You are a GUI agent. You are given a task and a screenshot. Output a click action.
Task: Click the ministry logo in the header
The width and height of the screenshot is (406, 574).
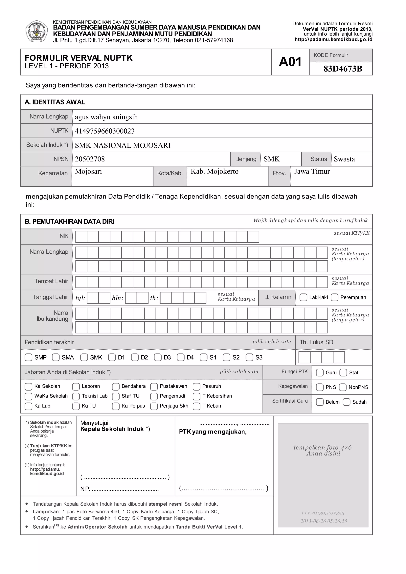(x=36, y=32)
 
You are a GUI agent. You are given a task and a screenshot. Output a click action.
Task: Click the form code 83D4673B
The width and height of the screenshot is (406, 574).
(x=343, y=69)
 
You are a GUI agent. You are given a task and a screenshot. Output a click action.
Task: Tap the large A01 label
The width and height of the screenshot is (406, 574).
(x=290, y=62)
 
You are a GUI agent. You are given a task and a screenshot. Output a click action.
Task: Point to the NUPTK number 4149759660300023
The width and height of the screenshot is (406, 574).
(x=104, y=131)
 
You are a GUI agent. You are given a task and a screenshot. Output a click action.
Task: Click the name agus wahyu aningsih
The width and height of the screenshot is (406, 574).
(x=106, y=117)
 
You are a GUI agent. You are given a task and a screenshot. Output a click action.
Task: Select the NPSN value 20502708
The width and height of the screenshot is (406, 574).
(x=90, y=159)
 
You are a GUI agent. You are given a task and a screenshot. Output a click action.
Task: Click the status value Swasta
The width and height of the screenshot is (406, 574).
(x=344, y=159)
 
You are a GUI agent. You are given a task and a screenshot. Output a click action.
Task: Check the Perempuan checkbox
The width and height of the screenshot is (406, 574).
(x=334, y=297)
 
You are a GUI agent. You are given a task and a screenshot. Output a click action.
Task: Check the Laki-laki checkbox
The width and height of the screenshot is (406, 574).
(x=303, y=297)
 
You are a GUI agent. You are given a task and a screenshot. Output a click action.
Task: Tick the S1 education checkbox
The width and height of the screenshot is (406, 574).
(x=203, y=357)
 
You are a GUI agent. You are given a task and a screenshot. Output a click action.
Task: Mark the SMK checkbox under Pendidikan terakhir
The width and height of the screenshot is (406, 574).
(x=84, y=357)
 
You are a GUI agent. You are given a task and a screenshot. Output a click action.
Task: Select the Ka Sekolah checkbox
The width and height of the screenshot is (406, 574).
(x=29, y=387)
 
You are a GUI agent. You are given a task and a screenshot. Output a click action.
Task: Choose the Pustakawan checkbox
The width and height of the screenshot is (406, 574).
(x=154, y=387)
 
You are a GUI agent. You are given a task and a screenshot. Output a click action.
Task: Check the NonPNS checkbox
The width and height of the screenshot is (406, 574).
(x=342, y=387)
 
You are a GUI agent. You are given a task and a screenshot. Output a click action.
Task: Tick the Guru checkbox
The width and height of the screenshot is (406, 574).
(x=320, y=372)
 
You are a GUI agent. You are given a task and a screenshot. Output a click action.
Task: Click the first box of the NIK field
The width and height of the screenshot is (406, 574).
(x=81, y=237)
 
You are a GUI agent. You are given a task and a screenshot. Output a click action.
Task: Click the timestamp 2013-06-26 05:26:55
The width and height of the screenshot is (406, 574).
(x=324, y=521)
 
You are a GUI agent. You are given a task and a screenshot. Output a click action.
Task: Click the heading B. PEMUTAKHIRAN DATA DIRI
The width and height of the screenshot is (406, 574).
(x=69, y=222)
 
